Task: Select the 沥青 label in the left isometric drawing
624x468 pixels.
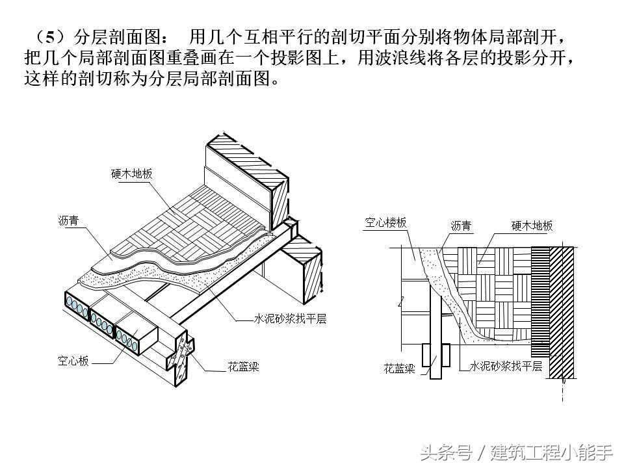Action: point(68,221)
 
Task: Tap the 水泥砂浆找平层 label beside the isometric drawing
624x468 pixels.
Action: point(289,319)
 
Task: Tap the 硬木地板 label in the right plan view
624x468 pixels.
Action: point(532,226)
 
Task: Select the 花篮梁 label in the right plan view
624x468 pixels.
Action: point(399,369)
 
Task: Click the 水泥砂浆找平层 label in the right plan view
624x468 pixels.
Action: point(506,366)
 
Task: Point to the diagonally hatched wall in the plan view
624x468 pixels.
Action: point(563,312)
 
